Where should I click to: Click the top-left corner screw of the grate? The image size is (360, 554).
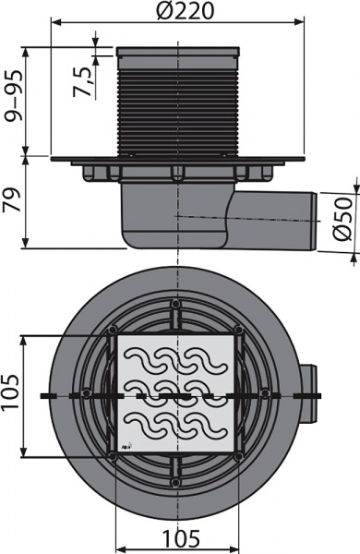(x=112, y=331)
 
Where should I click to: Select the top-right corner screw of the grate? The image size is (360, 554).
(x=238, y=331)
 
